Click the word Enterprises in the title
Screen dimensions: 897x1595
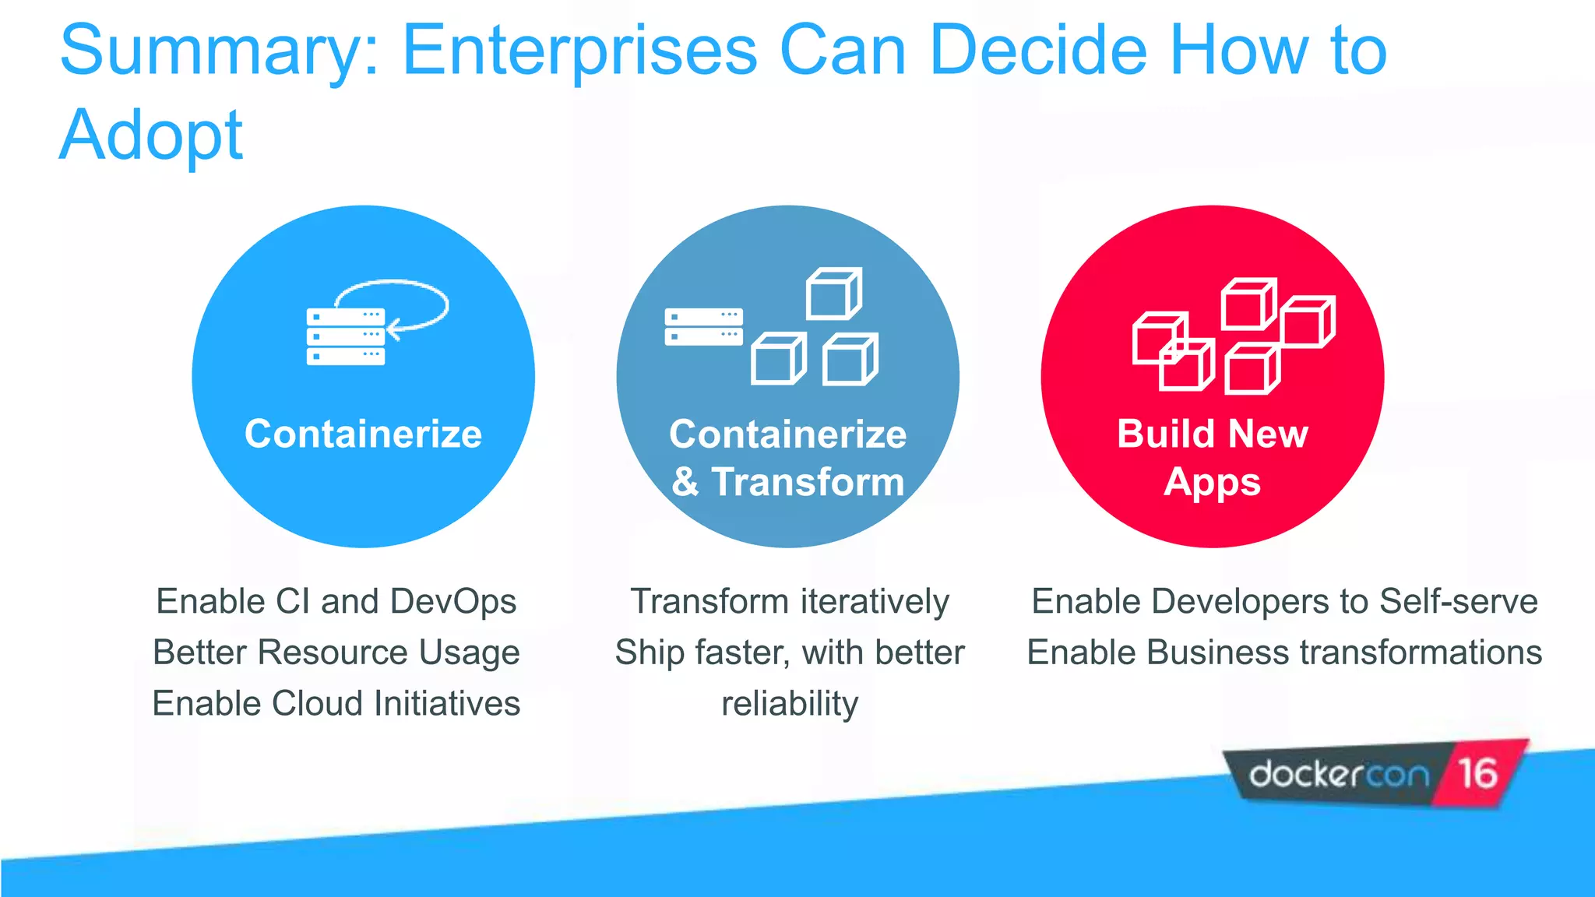point(579,51)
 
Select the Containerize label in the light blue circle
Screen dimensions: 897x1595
point(363,434)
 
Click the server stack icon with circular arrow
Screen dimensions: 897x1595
point(347,335)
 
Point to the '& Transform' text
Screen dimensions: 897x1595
point(787,482)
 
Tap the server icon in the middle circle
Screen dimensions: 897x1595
point(703,327)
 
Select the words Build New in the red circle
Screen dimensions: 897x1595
point(1212,434)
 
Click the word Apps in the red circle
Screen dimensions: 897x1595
point(1212,483)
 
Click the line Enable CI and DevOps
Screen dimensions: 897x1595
point(336,602)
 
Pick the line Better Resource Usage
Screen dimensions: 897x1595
point(336,653)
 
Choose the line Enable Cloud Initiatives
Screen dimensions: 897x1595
point(336,704)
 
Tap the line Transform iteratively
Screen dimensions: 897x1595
point(789,602)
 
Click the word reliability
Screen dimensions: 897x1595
point(789,704)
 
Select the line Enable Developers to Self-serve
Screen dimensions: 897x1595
point(1284,602)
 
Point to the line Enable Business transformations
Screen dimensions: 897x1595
point(1284,653)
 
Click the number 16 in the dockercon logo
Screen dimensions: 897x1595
point(1477,774)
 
